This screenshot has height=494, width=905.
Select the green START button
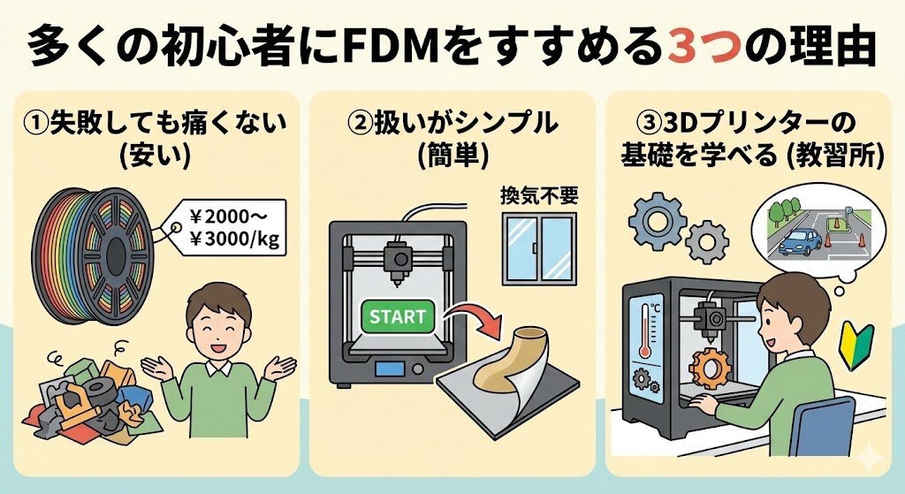(x=398, y=315)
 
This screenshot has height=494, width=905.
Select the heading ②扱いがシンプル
(x=452, y=125)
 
